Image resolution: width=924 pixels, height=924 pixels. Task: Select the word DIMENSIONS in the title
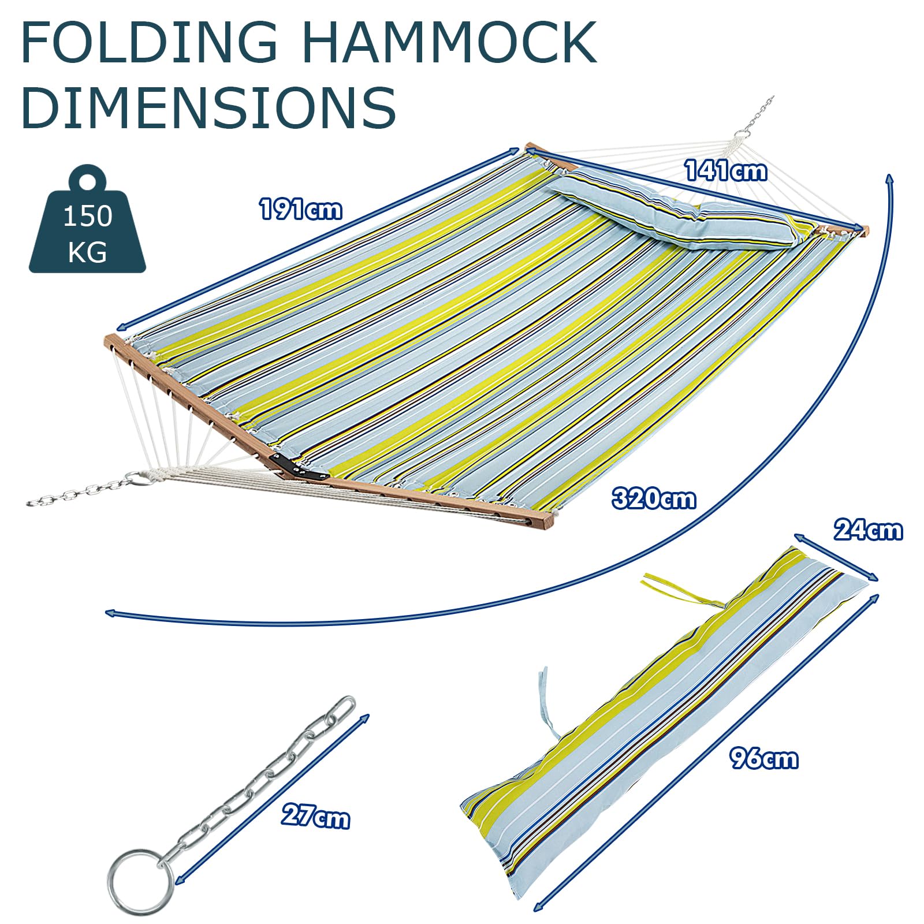point(208,107)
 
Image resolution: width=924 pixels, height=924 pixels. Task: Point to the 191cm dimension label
point(300,208)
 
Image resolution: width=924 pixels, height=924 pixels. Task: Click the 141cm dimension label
point(726,171)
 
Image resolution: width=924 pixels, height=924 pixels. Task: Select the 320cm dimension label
point(654,498)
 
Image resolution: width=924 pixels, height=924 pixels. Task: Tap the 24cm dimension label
point(867,530)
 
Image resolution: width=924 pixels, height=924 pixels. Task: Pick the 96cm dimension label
point(763,758)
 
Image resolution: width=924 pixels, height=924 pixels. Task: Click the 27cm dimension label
point(315,817)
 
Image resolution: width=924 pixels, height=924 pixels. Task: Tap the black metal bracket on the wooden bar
point(299,467)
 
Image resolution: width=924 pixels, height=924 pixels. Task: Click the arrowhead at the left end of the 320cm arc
point(110,613)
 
